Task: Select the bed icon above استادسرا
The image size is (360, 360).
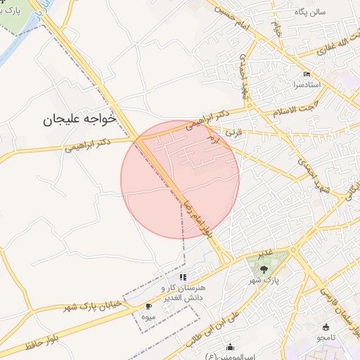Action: tap(305, 74)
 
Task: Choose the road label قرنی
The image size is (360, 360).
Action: tap(231, 131)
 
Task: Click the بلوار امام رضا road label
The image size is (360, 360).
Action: tap(196, 213)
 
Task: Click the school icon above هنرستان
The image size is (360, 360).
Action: tap(183, 277)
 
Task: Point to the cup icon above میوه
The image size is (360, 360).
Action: tap(148, 307)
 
